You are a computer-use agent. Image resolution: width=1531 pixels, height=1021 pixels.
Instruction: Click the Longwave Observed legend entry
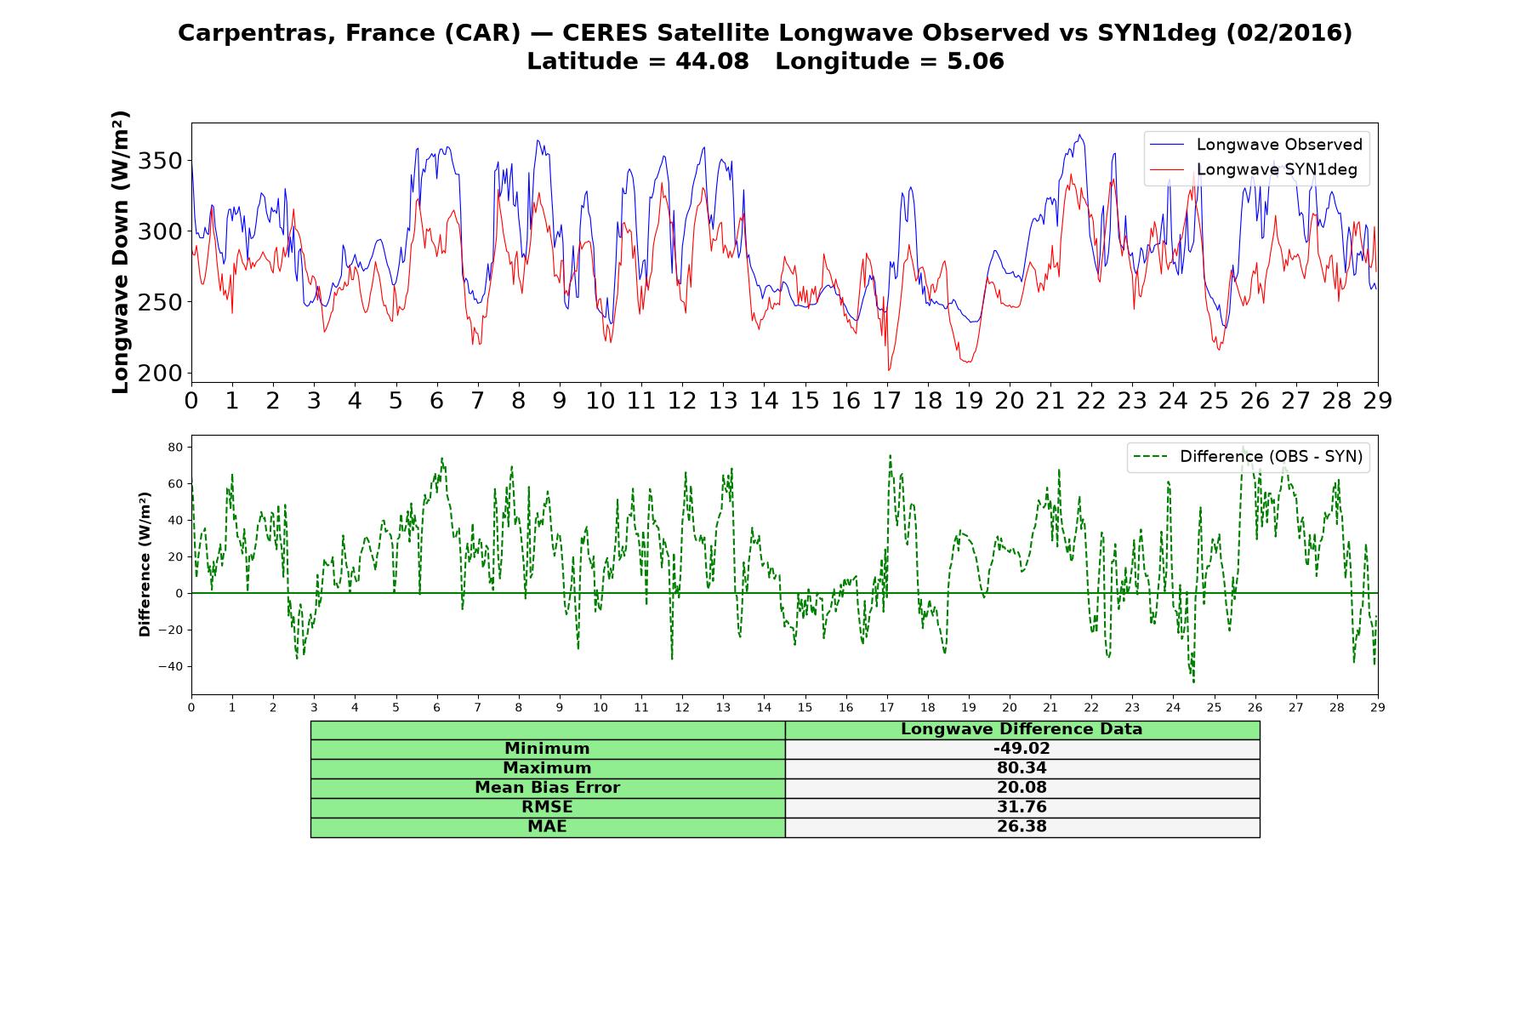(1255, 145)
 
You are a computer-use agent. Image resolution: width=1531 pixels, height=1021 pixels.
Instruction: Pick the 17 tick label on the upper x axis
(886, 401)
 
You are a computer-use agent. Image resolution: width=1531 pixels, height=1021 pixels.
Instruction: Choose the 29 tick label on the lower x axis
(1378, 706)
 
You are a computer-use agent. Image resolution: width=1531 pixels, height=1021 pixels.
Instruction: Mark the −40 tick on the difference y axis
(171, 666)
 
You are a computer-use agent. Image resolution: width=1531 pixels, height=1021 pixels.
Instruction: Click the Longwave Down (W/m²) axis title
(120, 252)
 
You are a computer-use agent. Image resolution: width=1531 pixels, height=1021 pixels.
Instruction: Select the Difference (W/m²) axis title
(145, 564)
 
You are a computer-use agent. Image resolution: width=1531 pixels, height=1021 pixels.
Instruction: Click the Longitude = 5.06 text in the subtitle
(890, 61)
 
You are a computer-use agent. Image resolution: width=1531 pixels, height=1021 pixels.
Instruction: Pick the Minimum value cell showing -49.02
(1022, 749)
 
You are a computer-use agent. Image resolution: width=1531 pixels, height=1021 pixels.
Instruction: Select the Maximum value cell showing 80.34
(1022, 768)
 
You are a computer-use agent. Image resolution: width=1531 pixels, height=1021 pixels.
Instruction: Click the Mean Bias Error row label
(547, 788)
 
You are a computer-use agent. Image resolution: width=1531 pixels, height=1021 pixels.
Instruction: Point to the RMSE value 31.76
(1022, 807)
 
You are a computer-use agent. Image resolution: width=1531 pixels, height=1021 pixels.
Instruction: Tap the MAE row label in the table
(547, 827)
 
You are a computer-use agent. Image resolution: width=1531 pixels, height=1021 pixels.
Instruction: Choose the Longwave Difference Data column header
(1022, 729)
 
